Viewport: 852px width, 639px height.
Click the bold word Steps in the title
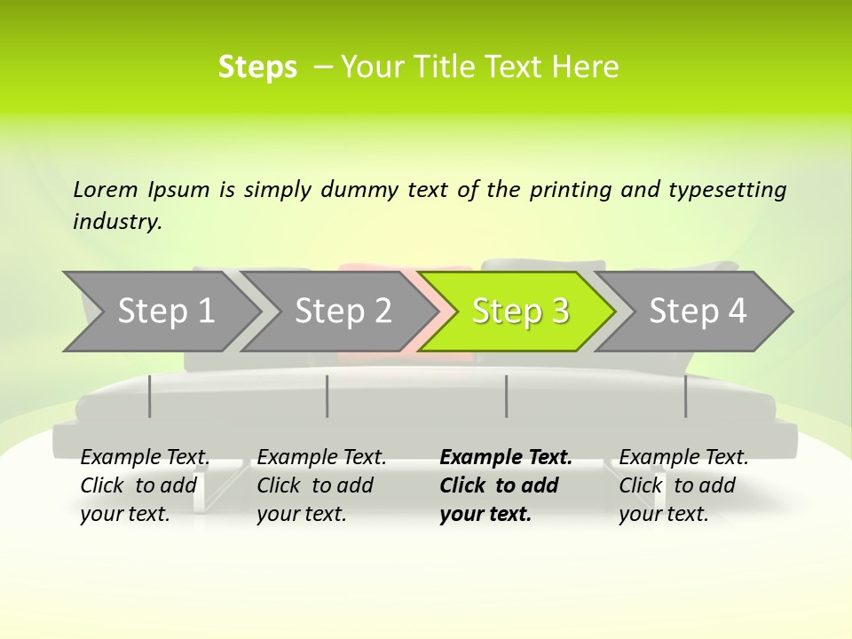(x=257, y=67)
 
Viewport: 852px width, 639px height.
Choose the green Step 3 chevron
(x=520, y=311)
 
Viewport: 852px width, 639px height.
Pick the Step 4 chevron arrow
(x=698, y=311)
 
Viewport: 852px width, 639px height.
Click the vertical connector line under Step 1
(x=150, y=396)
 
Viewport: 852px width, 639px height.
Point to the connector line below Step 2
(x=327, y=396)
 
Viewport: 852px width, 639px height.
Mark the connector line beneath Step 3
(x=507, y=396)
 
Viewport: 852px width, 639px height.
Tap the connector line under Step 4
(x=685, y=396)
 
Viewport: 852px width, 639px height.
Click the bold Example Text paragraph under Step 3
(x=505, y=485)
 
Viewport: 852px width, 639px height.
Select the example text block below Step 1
(x=145, y=485)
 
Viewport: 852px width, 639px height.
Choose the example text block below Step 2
(x=321, y=485)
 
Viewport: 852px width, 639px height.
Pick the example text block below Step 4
(x=683, y=485)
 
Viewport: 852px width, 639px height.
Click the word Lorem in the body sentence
(x=106, y=190)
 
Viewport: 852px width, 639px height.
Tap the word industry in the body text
(x=117, y=222)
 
